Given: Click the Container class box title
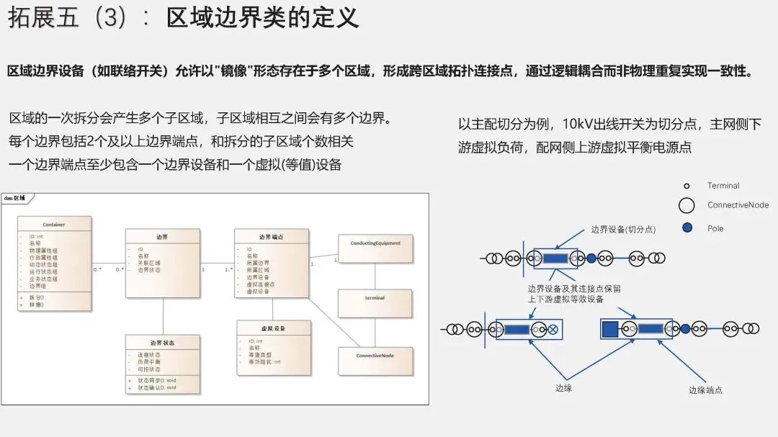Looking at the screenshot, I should [x=54, y=225].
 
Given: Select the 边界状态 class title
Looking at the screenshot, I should [x=162, y=343].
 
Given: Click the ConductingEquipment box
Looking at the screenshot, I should [x=375, y=243].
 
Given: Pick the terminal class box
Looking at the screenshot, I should [x=375, y=298].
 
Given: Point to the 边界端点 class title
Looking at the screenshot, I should [x=272, y=237].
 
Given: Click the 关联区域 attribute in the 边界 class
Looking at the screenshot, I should [x=149, y=263].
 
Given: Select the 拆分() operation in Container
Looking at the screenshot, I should [x=37, y=297].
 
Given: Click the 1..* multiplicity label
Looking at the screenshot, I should [x=228, y=269].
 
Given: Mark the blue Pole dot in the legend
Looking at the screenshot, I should [x=687, y=228].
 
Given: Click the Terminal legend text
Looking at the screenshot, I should [x=723, y=186].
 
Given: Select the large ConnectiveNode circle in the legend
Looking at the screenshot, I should [x=687, y=206].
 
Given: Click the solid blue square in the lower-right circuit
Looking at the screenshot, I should [x=609, y=329].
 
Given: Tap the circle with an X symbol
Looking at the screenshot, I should [x=553, y=330].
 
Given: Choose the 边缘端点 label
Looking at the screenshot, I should [x=705, y=389].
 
